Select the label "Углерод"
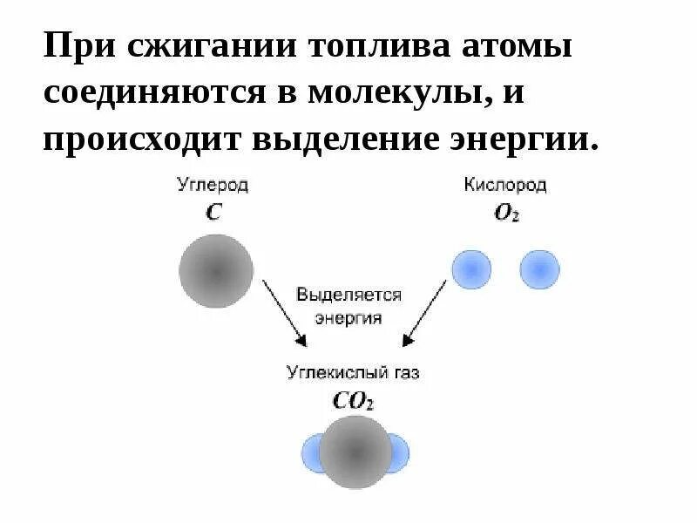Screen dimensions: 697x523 213,186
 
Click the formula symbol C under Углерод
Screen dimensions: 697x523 213,213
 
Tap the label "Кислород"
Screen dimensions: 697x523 505,186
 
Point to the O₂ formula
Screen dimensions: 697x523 506,214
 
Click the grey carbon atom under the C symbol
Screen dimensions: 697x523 216,270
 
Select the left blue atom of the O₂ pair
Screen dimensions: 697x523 471,270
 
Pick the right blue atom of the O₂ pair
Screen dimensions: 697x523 539,270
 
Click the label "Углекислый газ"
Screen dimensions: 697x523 353,372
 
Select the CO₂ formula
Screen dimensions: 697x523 353,401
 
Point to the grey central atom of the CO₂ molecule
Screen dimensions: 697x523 355,452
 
